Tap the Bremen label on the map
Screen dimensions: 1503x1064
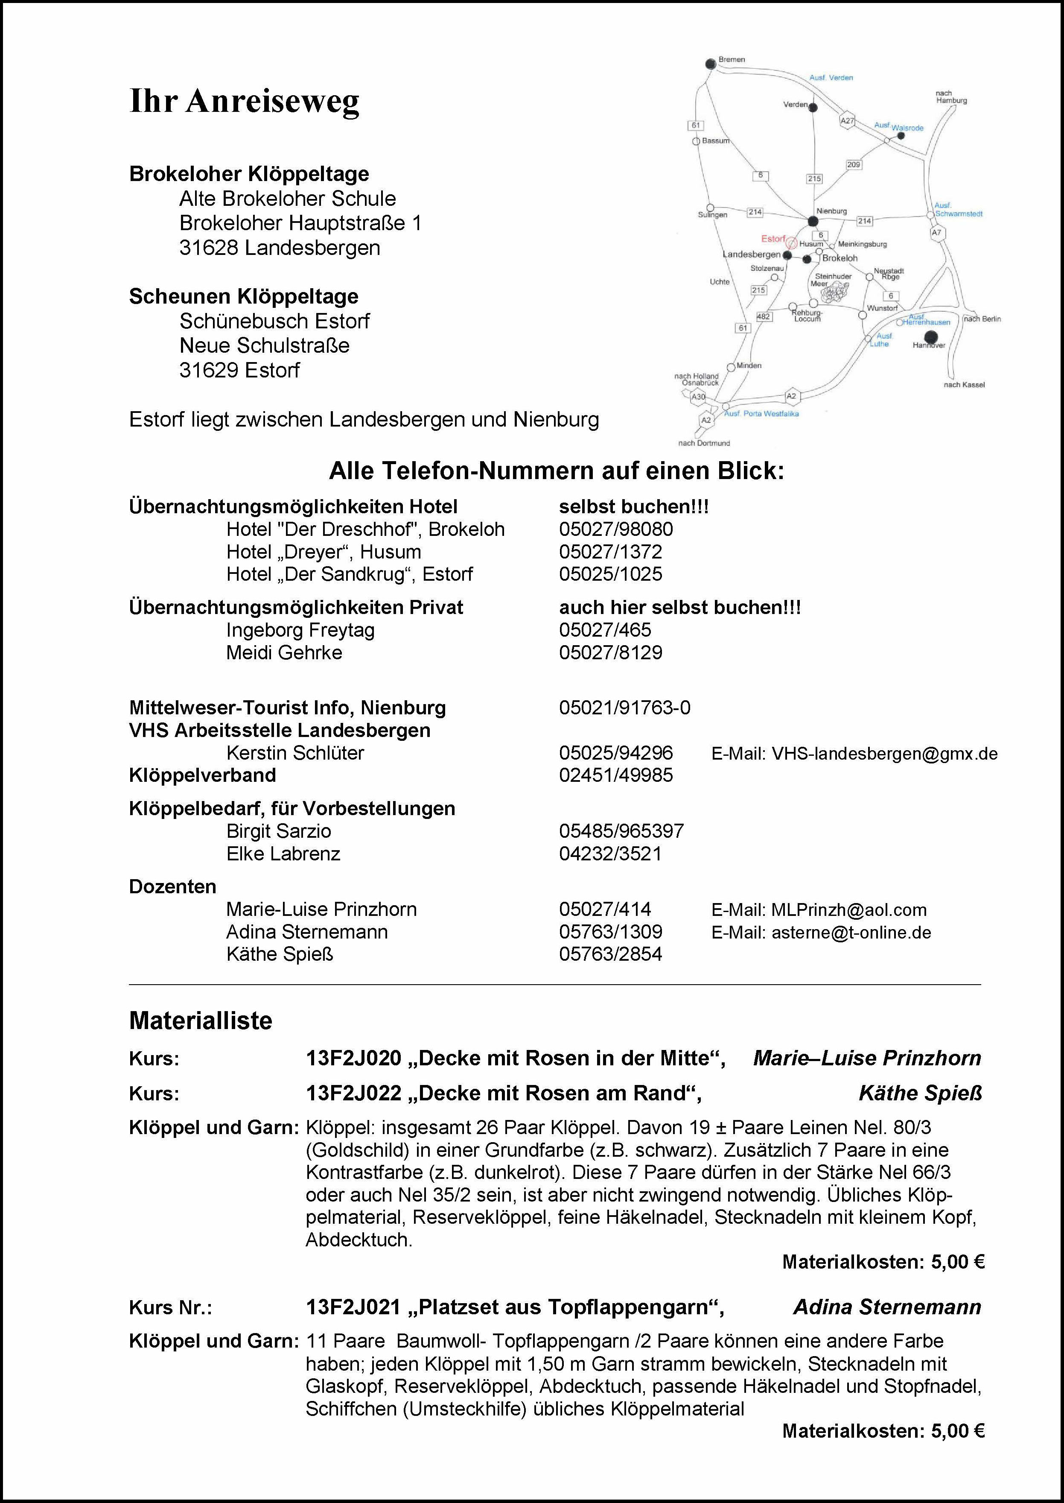(x=732, y=60)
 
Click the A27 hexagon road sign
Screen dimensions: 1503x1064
(x=847, y=120)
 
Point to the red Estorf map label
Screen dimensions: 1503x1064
(x=773, y=239)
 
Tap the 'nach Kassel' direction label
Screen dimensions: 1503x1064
(x=964, y=385)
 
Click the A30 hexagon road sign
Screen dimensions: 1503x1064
(x=698, y=397)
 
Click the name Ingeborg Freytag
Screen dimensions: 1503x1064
(x=300, y=631)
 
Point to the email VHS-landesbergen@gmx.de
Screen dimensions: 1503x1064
(x=884, y=754)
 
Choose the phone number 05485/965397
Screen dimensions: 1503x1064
(x=621, y=831)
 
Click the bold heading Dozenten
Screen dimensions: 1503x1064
(x=172, y=887)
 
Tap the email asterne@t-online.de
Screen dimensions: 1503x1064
(x=851, y=932)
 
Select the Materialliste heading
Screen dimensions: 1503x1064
(x=201, y=1021)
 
